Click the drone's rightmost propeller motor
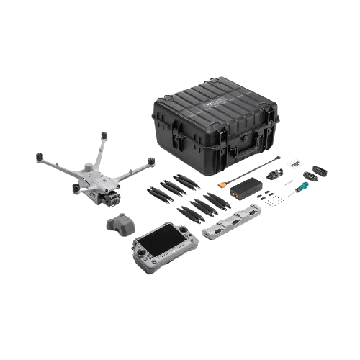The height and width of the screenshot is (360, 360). coord(150,161)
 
